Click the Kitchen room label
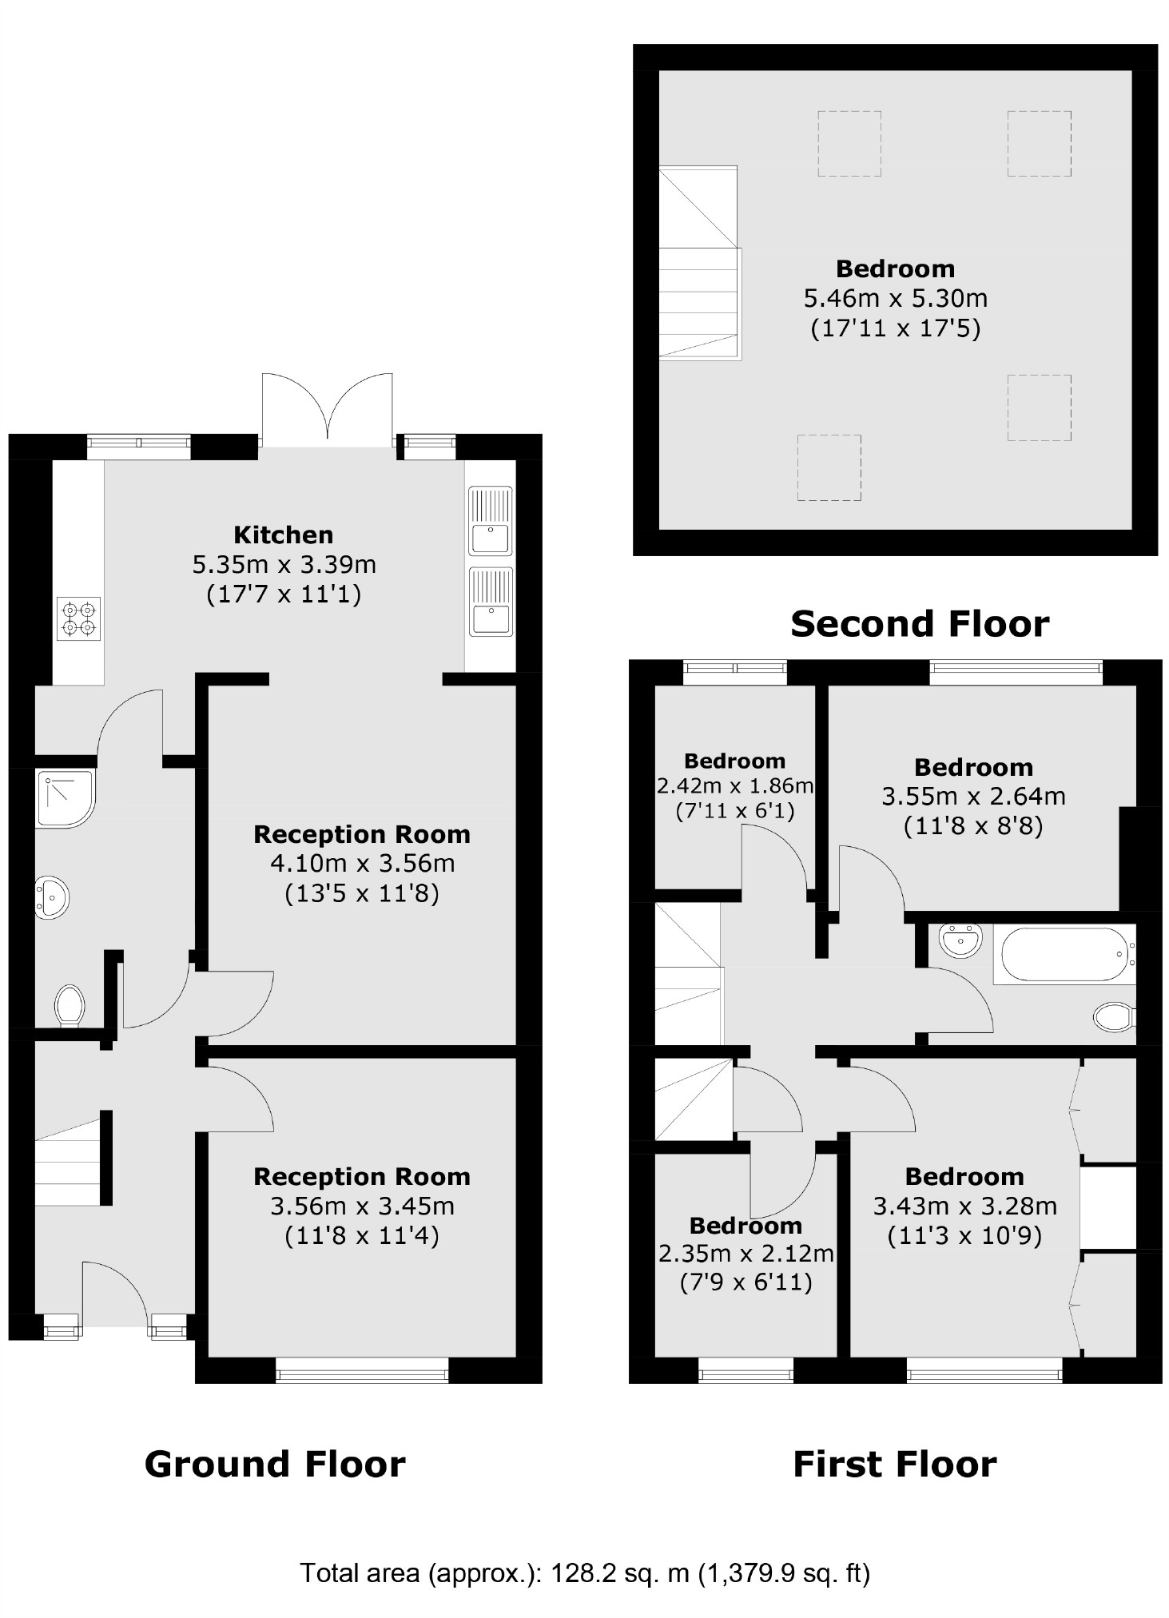pyautogui.click(x=283, y=535)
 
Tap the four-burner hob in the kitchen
pyautogui.click(x=79, y=619)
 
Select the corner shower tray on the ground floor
pyautogui.click(x=63, y=797)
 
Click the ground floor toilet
pyautogui.click(x=70, y=1004)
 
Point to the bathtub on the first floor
pyautogui.click(x=1062, y=954)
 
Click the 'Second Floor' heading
pyautogui.click(x=920, y=624)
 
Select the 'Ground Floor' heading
pyautogui.click(x=275, y=1465)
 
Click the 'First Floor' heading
pyautogui.click(x=894, y=1465)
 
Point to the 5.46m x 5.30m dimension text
pyautogui.click(x=895, y=299)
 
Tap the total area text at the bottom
pyautogui.click(x=584, y=1572)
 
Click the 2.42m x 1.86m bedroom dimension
pyautogui.click(x=734, y=786)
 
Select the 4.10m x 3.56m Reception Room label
pyautogui.click(x=362, y=835)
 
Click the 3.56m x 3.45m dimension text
pyautogui.click(x=362, y=1206)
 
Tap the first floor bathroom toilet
pyautogui.click(x=1113, y=1017)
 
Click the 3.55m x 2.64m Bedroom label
pyautogui.click(x=973, y=768)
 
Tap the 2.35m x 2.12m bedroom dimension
pyautogui.click(x=746, y=1254)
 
